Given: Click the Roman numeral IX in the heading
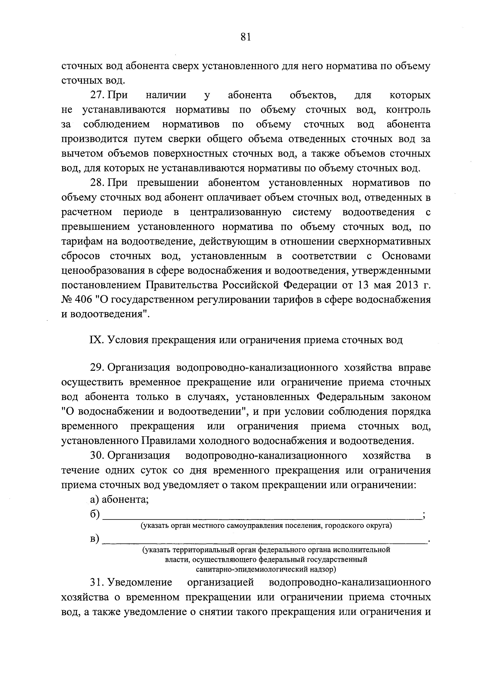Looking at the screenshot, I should point(96,340).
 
